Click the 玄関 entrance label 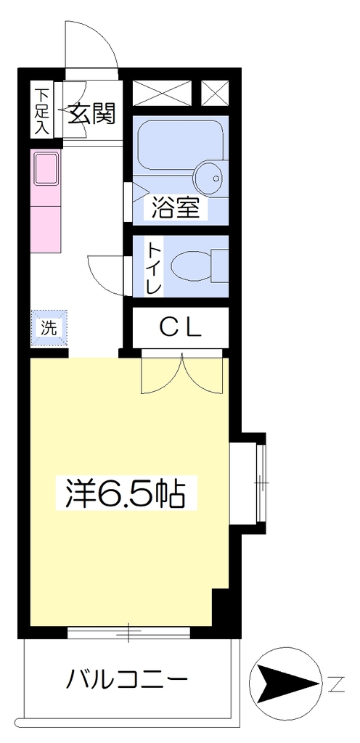pos(92,114)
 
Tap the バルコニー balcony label pos(127,678)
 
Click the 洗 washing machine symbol pos(49,328)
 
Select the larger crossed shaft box pos(163,94)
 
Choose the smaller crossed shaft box pos(215,94)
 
